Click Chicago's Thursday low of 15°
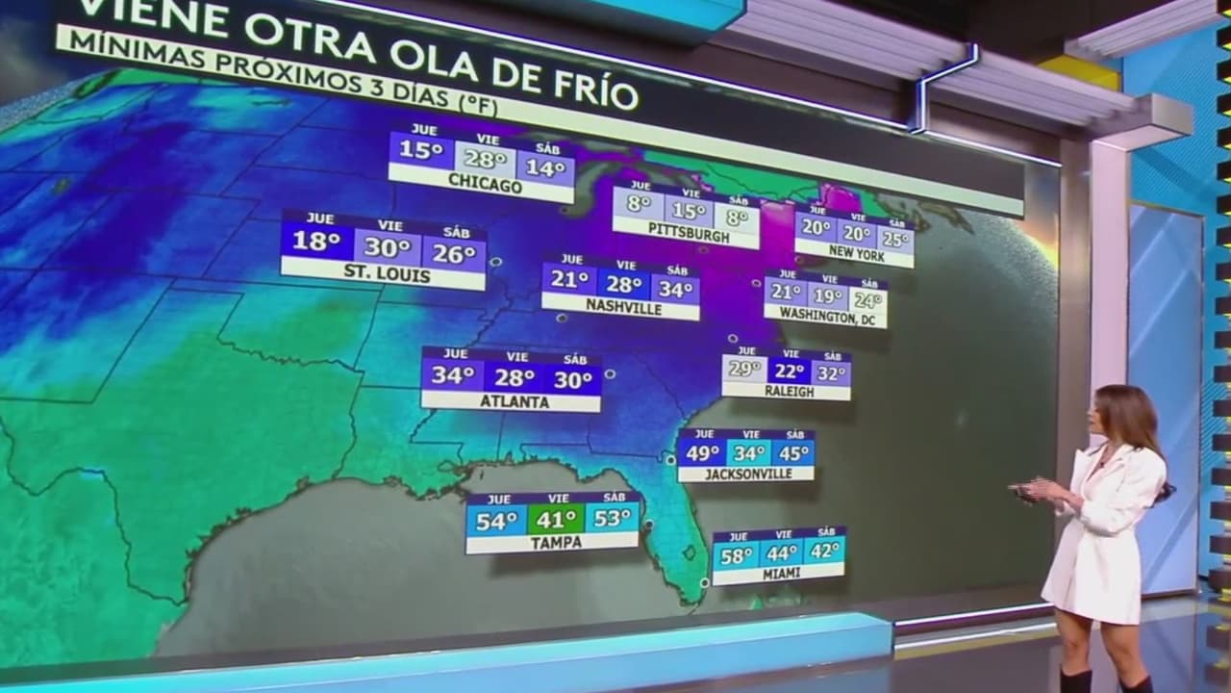421,151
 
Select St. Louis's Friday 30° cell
387,247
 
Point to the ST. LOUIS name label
387,275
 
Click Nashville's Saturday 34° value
675,288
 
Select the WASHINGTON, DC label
825,315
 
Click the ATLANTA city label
512,401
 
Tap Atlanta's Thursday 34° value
451,375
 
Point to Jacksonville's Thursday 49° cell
702,452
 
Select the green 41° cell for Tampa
556,520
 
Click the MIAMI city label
780,574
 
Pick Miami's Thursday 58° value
737,555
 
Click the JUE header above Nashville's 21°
571,259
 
